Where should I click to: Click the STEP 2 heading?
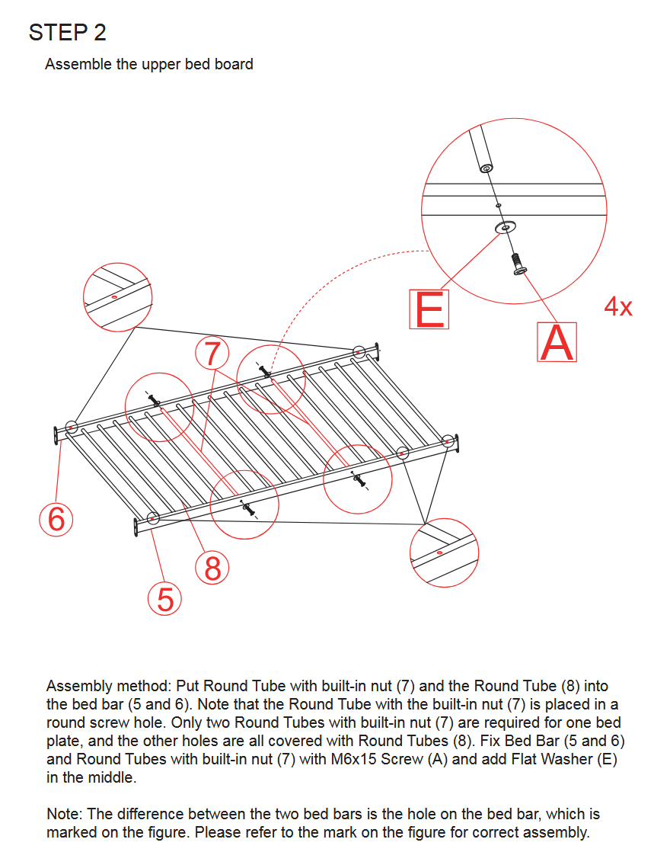(67, 33)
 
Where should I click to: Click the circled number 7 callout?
(212, 354)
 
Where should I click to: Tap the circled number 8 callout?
(212, 568)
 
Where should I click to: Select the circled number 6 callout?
(56, 519)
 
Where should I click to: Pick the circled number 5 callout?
(165, 600)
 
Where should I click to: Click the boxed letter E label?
(429, 309)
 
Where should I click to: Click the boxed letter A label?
(557, 342)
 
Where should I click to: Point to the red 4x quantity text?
(617, 307)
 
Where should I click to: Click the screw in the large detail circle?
(519, 264)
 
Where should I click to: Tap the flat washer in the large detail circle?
(504, 227)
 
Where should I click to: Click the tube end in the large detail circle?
(484, 166)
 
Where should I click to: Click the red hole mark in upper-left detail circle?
(113, 296)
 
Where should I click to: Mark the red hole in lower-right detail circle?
(440, 551)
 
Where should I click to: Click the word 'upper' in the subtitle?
(160, 65)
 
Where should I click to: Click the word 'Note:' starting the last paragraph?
(65, 815)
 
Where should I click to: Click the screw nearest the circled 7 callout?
(265, 372)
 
